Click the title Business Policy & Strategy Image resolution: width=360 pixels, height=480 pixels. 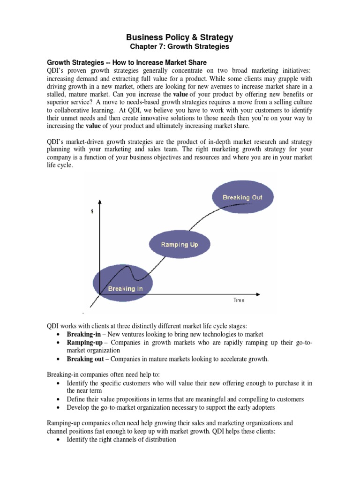tap(180, 37)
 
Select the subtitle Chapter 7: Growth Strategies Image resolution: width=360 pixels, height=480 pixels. tap(180, 47)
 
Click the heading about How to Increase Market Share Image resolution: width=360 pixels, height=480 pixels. tap(126, 62)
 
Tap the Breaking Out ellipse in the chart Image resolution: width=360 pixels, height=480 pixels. tap(242, 197)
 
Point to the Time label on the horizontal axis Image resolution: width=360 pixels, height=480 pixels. tap(239, 300)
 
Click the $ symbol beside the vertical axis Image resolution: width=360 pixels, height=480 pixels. tap(92, 212)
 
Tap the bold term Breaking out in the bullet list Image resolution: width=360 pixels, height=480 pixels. tap(83, 360)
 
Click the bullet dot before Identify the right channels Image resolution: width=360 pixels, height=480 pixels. tap(57, 440)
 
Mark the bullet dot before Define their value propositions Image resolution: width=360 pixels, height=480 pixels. tap(57, 399)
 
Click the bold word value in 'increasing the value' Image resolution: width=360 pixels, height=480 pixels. tap(94, 126)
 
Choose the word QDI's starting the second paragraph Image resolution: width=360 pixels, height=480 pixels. tap(56, 142)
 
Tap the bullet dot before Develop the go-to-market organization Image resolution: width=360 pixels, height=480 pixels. tap(57, 408)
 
